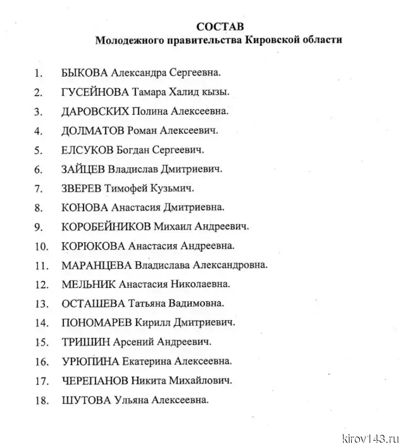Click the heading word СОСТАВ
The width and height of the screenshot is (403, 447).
tap(220, 27)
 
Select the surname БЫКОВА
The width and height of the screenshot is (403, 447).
tap(84, 73)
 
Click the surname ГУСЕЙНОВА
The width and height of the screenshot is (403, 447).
tap(94, 92)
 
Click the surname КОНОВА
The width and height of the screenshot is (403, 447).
tap(84, 208)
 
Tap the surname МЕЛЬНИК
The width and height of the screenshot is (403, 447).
tap(88, 284)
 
